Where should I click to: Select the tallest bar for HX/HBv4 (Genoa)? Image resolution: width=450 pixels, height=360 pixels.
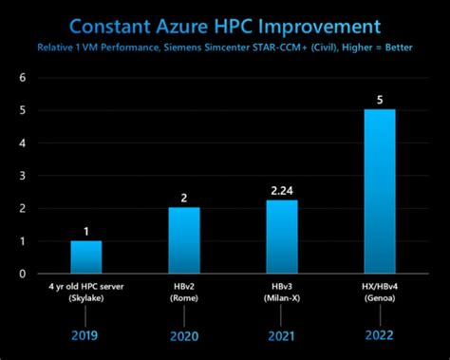(381, 191)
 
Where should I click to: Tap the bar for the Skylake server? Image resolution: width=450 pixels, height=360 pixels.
(85, 256)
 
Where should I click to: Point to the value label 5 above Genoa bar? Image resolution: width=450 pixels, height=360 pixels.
(381, 99)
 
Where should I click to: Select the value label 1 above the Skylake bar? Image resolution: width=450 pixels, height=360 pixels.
(85, 230)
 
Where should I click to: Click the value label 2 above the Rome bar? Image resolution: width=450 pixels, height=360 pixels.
(185, 197)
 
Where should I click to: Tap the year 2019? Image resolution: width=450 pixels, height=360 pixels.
(85, 335)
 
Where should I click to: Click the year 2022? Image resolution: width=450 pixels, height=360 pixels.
(381, 335)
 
